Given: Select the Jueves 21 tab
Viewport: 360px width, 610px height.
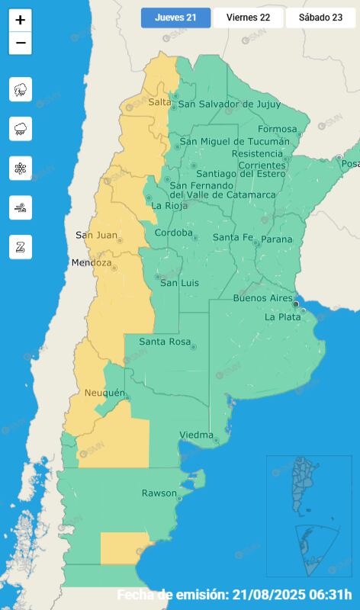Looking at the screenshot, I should (175, 18).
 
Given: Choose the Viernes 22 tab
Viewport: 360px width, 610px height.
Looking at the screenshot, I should (248, 18).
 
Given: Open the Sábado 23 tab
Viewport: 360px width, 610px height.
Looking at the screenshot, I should (320, 18).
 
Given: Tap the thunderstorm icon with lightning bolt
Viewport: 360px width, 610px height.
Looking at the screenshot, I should (21, 89).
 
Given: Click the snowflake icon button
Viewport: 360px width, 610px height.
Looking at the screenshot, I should (21, 168).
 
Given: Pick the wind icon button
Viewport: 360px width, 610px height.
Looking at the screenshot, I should (21, 207).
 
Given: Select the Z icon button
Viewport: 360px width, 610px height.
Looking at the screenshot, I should (21, 246).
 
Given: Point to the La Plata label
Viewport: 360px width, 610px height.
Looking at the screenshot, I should (281, 316).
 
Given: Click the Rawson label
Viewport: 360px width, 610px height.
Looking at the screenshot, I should (159, 493).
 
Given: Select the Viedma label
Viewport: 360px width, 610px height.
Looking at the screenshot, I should (196, 435).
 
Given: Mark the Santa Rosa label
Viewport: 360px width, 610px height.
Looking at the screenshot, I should (164, 342).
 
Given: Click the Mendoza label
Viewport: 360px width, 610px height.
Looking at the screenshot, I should (91, 263).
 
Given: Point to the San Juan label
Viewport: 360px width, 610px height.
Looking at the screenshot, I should (96, 235).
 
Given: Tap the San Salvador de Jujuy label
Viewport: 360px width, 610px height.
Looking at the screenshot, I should (229, 104).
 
